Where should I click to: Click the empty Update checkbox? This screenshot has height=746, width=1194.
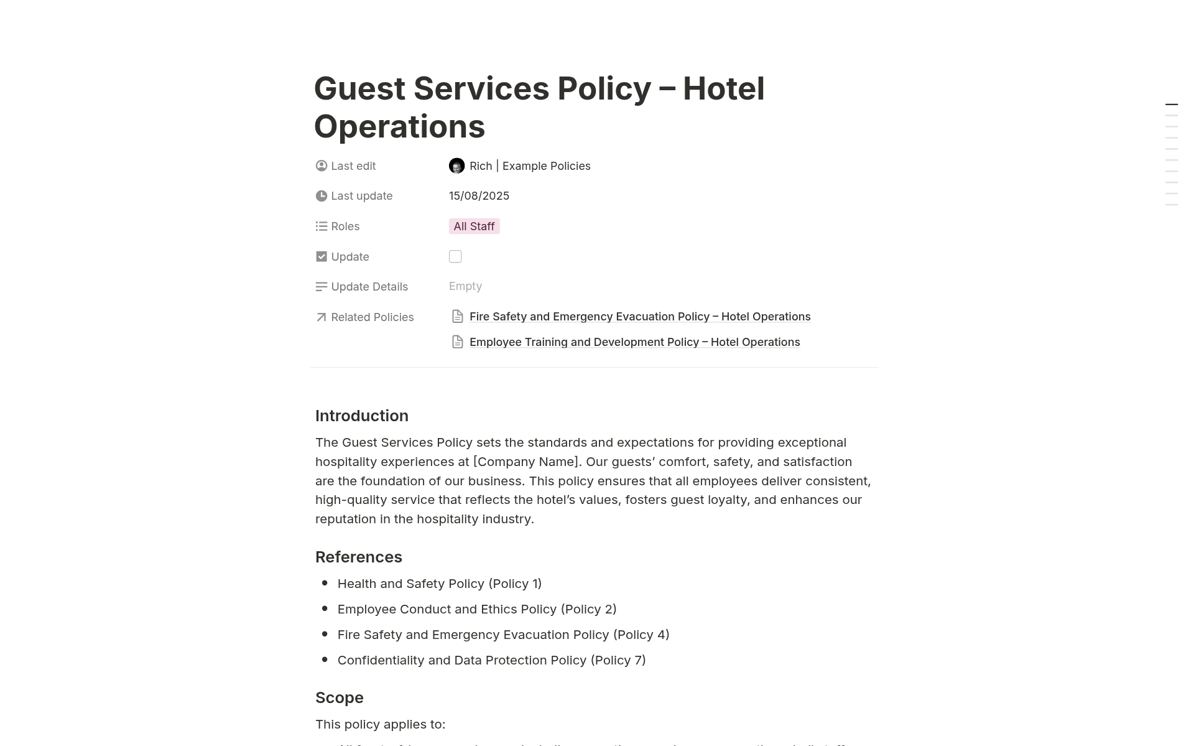[455, 256]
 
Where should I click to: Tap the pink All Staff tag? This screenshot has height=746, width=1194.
[474, 226]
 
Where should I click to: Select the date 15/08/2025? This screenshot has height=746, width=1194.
[479, 196]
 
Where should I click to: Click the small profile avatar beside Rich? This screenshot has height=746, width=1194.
[456, 166]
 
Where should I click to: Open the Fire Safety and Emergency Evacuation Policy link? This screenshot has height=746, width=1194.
[640, 317]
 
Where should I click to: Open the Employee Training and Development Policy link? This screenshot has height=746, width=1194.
[634, 342]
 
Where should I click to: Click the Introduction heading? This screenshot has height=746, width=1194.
[362, 416]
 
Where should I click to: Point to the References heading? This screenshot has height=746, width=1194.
[359, 557]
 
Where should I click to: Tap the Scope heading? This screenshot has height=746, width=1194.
[340, 697]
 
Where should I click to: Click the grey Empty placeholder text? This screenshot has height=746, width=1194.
[465, 286]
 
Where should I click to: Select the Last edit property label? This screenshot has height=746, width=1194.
[353, 166]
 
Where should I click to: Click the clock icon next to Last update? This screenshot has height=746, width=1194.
[322, 196]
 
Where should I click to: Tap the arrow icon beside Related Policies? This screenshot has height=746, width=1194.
[322, 317]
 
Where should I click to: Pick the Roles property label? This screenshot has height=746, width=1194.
[345, 226]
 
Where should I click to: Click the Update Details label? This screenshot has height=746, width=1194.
[369, 287]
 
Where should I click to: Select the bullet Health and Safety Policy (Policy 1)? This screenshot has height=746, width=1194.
[440, 584]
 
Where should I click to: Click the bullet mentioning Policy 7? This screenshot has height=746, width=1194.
[491, 660]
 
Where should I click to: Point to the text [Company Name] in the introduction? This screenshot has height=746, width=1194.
[526, 462]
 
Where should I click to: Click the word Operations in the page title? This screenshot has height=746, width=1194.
[399, 127]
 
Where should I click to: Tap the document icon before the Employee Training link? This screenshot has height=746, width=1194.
[458, 342]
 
